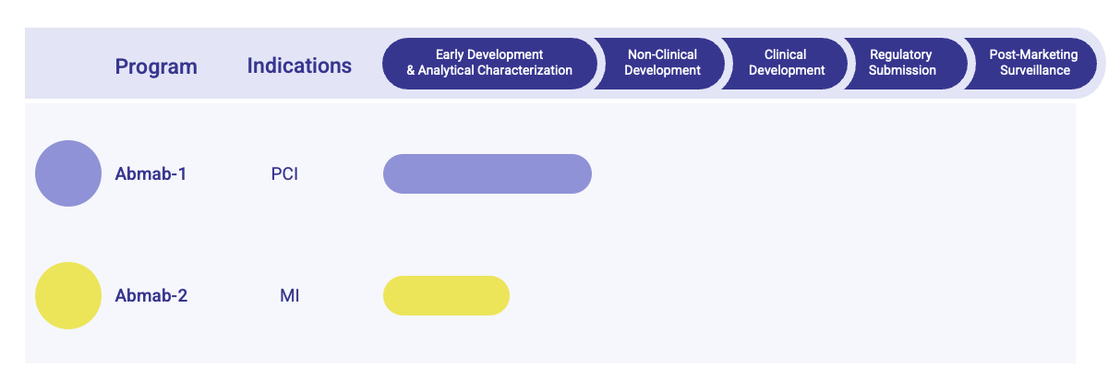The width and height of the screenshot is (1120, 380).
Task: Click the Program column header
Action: (x=156, y=66)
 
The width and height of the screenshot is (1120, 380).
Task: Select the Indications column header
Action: (x=299, y=65)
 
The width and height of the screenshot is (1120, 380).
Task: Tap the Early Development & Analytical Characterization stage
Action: (x=489, y=63)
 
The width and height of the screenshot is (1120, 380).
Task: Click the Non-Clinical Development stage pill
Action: (x=661, y=63)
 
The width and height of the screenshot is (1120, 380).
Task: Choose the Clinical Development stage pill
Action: (x=786, y=63)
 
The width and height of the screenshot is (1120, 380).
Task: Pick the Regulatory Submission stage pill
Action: (x=902, y=63)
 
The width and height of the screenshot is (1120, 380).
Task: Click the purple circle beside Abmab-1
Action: (x=68, y=173)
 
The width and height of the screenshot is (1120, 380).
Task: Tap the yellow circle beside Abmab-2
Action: (x=68, y=295)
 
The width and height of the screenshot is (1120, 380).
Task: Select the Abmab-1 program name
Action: (x=151, y=173)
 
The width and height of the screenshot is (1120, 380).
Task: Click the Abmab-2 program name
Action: (x=151, y=296)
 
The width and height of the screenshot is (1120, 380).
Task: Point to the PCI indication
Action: (x=284, y=174)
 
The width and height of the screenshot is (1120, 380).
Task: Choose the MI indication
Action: (x=289, y=296)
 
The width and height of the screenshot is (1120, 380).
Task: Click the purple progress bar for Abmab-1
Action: (x=487, y=173)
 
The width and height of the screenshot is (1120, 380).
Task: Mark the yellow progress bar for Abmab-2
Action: (x=446, y=295)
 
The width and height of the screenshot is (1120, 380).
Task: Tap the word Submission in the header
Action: (x=902, y=70)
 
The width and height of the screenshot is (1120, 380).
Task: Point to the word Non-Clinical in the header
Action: (x=662, y=54)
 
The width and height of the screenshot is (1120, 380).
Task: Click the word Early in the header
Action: (x=451, y=54)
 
